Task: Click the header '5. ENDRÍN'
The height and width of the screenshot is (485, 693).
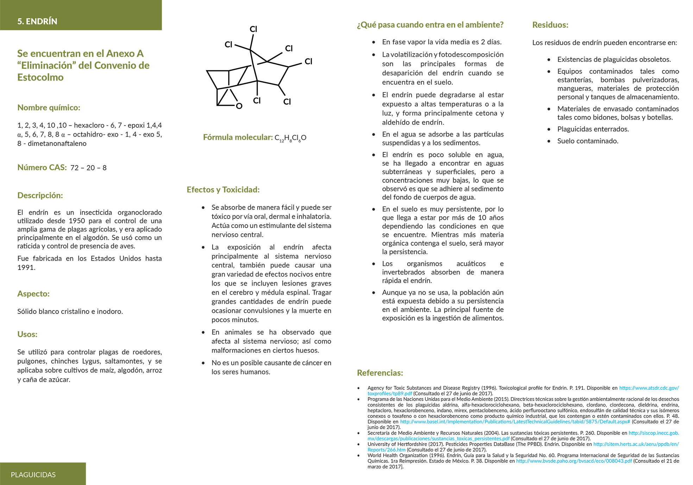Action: click(x=37, y=21)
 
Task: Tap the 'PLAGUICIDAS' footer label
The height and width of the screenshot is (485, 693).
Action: click(x=33, y=475)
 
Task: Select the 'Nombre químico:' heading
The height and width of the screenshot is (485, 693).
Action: click(x=49, y=108)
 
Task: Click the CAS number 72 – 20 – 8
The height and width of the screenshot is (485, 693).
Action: click(x=88, y=168)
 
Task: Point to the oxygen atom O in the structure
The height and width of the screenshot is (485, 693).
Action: click(x=239, y=106)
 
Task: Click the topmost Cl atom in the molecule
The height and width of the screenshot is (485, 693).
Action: click(x=253, y=29)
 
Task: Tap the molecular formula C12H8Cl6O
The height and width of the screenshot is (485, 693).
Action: click(x=290, y=138)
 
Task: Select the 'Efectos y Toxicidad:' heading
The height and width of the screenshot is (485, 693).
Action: click(x=223, y=190)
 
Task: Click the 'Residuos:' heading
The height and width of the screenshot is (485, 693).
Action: click(x=550, y=25)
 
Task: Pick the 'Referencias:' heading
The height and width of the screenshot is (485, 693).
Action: click(x=380, y=373)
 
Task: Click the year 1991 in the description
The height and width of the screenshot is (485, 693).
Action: click(x=26, y=267)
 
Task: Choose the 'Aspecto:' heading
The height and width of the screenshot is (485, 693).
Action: click(x=33, y=294)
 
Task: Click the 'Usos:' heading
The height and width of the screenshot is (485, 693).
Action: click(x=27, y=334)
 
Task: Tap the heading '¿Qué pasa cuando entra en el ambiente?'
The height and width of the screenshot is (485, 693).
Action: click(x=430, y=25)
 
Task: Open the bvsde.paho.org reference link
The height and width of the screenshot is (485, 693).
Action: click(x=574, y=461)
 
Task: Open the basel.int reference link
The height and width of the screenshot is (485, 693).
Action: click(x=515, y=422)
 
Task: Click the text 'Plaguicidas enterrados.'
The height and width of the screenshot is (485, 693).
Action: click(x=593, y=129)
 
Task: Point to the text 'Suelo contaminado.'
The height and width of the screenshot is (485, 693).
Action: click(x=587, y=141)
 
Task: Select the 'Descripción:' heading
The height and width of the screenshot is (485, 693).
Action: click(x=40, y=196)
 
